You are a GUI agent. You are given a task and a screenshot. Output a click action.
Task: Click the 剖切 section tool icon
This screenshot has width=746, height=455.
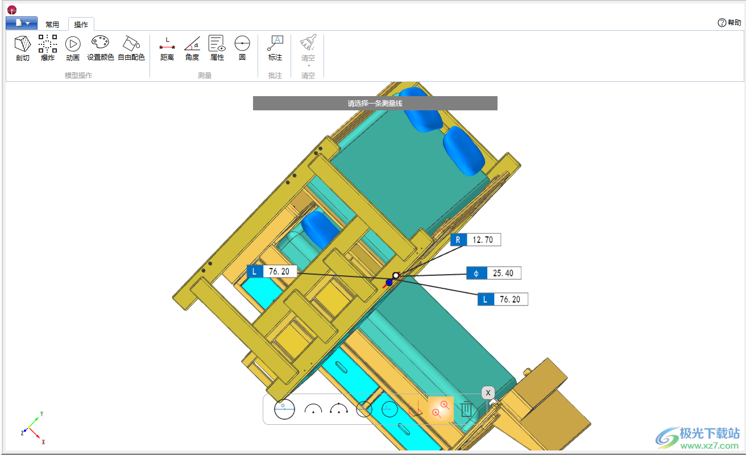23,44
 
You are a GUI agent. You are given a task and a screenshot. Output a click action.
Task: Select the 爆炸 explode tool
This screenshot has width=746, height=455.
48,44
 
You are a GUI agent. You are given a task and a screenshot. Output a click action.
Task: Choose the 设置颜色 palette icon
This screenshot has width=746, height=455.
100,43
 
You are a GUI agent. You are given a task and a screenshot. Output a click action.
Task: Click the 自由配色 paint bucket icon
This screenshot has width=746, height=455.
131,43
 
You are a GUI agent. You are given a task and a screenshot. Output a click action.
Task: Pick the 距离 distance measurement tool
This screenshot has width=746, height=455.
167,44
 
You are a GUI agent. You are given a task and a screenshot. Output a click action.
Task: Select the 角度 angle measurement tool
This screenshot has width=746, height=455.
192,44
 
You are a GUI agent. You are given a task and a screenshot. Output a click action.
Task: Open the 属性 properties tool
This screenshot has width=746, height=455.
217,43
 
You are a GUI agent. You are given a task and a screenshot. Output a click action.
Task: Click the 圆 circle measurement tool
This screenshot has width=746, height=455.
242,43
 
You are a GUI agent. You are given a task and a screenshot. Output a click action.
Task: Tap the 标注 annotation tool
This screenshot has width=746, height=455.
275,43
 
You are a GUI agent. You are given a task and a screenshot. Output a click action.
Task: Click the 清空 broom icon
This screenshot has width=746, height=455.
308,42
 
